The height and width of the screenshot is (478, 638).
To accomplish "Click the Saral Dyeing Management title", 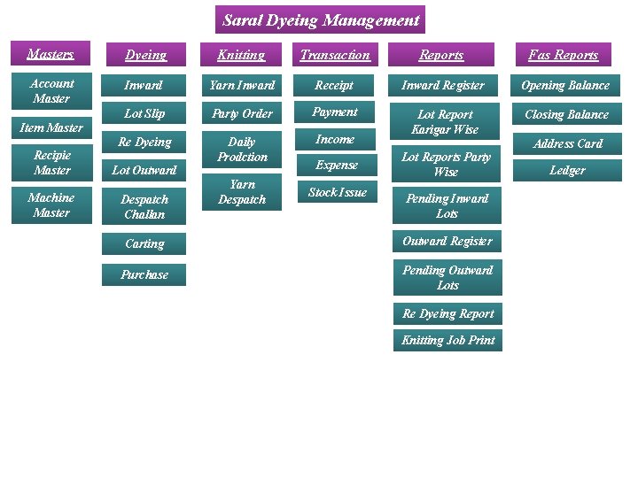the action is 320,19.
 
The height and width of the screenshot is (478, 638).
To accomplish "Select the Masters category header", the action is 51,54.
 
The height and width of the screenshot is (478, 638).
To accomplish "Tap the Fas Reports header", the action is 564,55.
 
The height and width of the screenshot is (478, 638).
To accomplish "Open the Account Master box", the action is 51,90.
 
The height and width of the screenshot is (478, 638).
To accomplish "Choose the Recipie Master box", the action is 51,163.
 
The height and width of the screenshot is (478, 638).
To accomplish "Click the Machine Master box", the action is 51,205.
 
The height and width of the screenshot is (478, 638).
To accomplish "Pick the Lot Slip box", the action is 144,113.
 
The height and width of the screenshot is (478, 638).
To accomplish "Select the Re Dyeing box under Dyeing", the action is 144,142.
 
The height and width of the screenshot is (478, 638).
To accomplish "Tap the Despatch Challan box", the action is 144,207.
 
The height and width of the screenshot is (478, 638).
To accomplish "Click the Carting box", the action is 144,243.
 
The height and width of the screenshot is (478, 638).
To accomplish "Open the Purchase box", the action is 144,274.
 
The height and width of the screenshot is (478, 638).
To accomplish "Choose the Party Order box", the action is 242,113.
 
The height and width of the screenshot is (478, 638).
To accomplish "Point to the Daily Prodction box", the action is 242,149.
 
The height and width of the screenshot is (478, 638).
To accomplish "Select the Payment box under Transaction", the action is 335,112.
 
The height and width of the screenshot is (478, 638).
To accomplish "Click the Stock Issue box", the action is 337,192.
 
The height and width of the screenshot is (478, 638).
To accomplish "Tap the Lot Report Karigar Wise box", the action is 447,121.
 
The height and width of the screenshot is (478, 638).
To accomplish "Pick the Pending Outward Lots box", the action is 447,278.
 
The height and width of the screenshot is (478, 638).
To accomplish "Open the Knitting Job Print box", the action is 447,340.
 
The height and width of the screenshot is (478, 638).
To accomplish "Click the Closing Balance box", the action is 566,114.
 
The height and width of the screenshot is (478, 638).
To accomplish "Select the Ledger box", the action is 567,170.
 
